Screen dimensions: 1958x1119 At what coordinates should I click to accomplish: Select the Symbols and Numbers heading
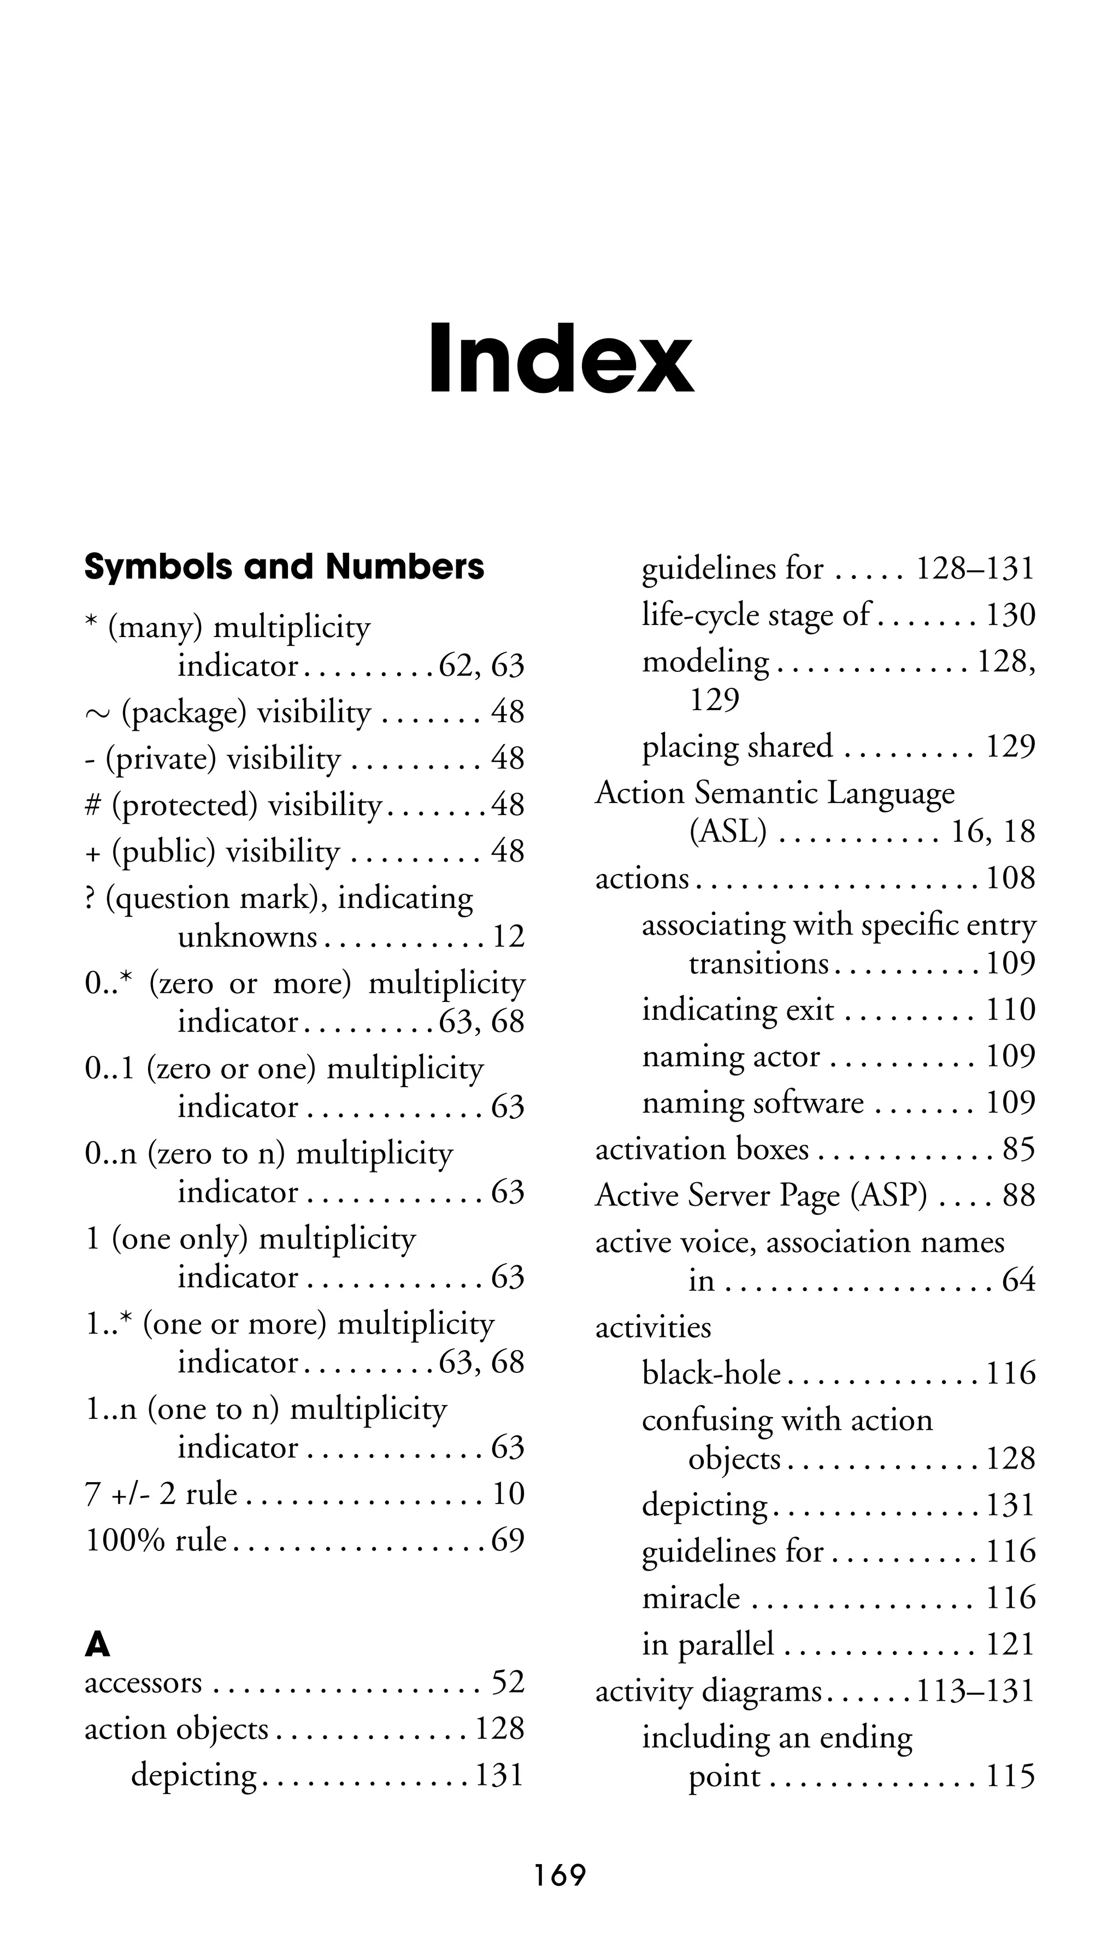(x=284, y=567)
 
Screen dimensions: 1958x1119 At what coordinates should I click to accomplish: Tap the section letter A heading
(x=98, y=1646)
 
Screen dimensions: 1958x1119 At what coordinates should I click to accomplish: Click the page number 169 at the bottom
(x=560, y=1876)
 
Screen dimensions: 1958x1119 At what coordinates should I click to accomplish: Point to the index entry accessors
(x=143, y=1683)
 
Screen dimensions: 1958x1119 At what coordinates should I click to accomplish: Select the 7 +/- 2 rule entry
(x=161, y=1494)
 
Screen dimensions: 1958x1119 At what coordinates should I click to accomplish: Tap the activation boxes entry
(x=702, y=1149)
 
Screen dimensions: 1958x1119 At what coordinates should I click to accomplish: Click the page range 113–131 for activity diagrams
(x=975, y=1691)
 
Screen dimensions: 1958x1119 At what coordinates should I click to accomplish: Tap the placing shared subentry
(x=737, y=746)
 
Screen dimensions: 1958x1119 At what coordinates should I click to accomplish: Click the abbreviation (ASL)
(x=727, y=831)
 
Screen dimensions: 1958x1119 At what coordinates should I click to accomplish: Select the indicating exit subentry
(x=737, y=1010)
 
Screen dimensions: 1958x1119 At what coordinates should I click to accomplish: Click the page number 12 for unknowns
(x=508, y=937)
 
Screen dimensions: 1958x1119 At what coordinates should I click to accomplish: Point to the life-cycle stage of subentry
(x=756, y=615)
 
